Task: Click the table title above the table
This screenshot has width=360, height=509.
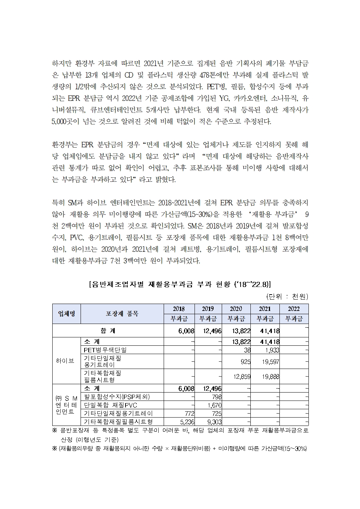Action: pos(180,283)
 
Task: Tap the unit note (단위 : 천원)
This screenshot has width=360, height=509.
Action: pos(287,296)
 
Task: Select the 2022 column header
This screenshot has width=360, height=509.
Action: pos(294,309)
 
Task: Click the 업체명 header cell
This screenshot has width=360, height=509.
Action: pos(66,314)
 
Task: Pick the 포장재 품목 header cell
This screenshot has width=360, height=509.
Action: pos(122,314)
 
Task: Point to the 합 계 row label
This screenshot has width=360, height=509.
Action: pos(108,331)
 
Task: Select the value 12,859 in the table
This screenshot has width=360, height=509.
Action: pos(241,377)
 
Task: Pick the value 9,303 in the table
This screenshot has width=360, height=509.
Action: pos(213,422)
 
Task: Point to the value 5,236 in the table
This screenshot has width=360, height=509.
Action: pos(186,422)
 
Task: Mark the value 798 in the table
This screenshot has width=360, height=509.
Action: pos(216,397)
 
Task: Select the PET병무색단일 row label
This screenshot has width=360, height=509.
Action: pos(106,350)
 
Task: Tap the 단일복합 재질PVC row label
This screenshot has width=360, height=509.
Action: pos(110,405)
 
